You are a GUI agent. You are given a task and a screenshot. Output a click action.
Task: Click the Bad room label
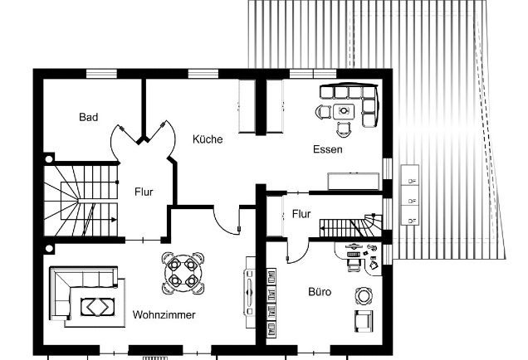click(x=89, y=118)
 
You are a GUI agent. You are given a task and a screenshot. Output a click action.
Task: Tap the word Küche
click(x=208, y=139)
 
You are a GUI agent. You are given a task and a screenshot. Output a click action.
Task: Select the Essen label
click(x=327, y=150)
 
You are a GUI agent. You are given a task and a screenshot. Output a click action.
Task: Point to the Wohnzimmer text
click(x=164, y=315)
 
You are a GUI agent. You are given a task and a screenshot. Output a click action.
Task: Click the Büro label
click(x=320, y=292)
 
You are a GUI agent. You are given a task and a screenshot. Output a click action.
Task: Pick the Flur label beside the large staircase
click(x=144, y=192)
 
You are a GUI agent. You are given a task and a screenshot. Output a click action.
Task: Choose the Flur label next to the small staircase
click(x=301, y=214)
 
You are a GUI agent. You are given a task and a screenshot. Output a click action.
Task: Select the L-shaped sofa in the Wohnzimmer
click(x=63, y=290)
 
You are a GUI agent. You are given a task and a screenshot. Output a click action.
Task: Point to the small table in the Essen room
click(x=345, y=109)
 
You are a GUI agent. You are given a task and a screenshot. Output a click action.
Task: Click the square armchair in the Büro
click(x=364, y=321)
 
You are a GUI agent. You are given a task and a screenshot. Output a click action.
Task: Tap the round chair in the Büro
click(x=364, y=295)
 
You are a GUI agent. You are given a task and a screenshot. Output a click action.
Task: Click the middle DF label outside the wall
click(x=412, y=200)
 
